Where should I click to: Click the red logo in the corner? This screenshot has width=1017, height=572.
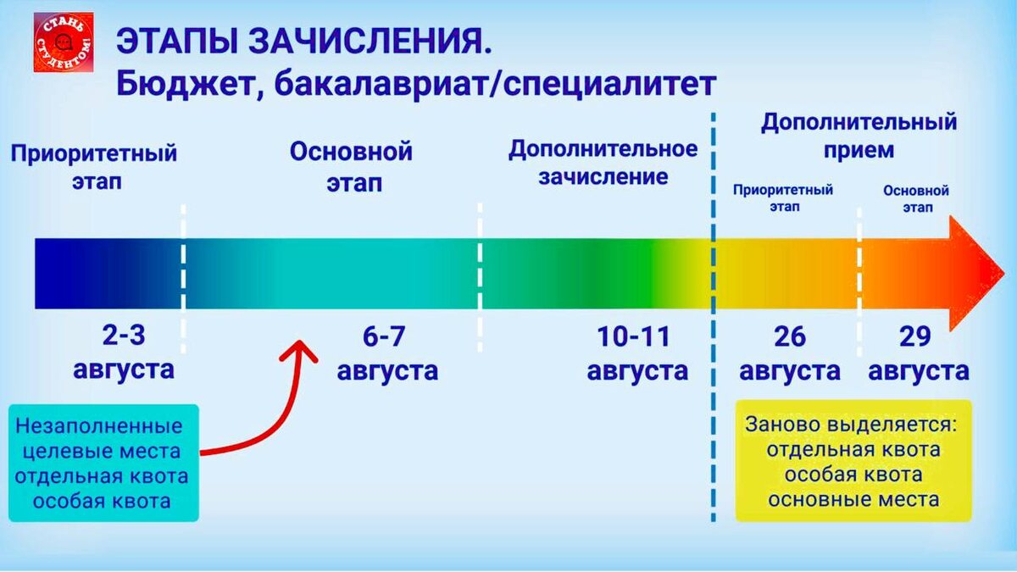[x=64, y=42]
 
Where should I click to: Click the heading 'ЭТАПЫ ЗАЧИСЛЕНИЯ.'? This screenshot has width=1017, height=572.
[x=303, y=42]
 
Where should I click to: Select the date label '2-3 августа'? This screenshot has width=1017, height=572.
[x=124, y=353]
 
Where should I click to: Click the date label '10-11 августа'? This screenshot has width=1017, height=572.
[x=636, y=353]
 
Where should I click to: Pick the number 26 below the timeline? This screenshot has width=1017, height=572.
[x=789, y=337]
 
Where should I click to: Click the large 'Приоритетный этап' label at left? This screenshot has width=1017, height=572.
[x=94, y=167]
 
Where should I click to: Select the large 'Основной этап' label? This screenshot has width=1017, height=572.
[x=351, y=167]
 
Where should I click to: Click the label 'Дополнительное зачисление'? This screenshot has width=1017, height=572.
[x=603, y=163]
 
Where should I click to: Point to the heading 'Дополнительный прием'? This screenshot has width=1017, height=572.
[x=858, y=136]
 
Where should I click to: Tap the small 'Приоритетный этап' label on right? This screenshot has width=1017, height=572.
[x=783, y=197]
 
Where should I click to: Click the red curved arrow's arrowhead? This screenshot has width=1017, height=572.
[x=300, y=350]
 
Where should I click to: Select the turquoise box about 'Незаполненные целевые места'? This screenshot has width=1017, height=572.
[x=103, y=462]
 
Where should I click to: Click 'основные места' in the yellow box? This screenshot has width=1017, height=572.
[x=853, y=499]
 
